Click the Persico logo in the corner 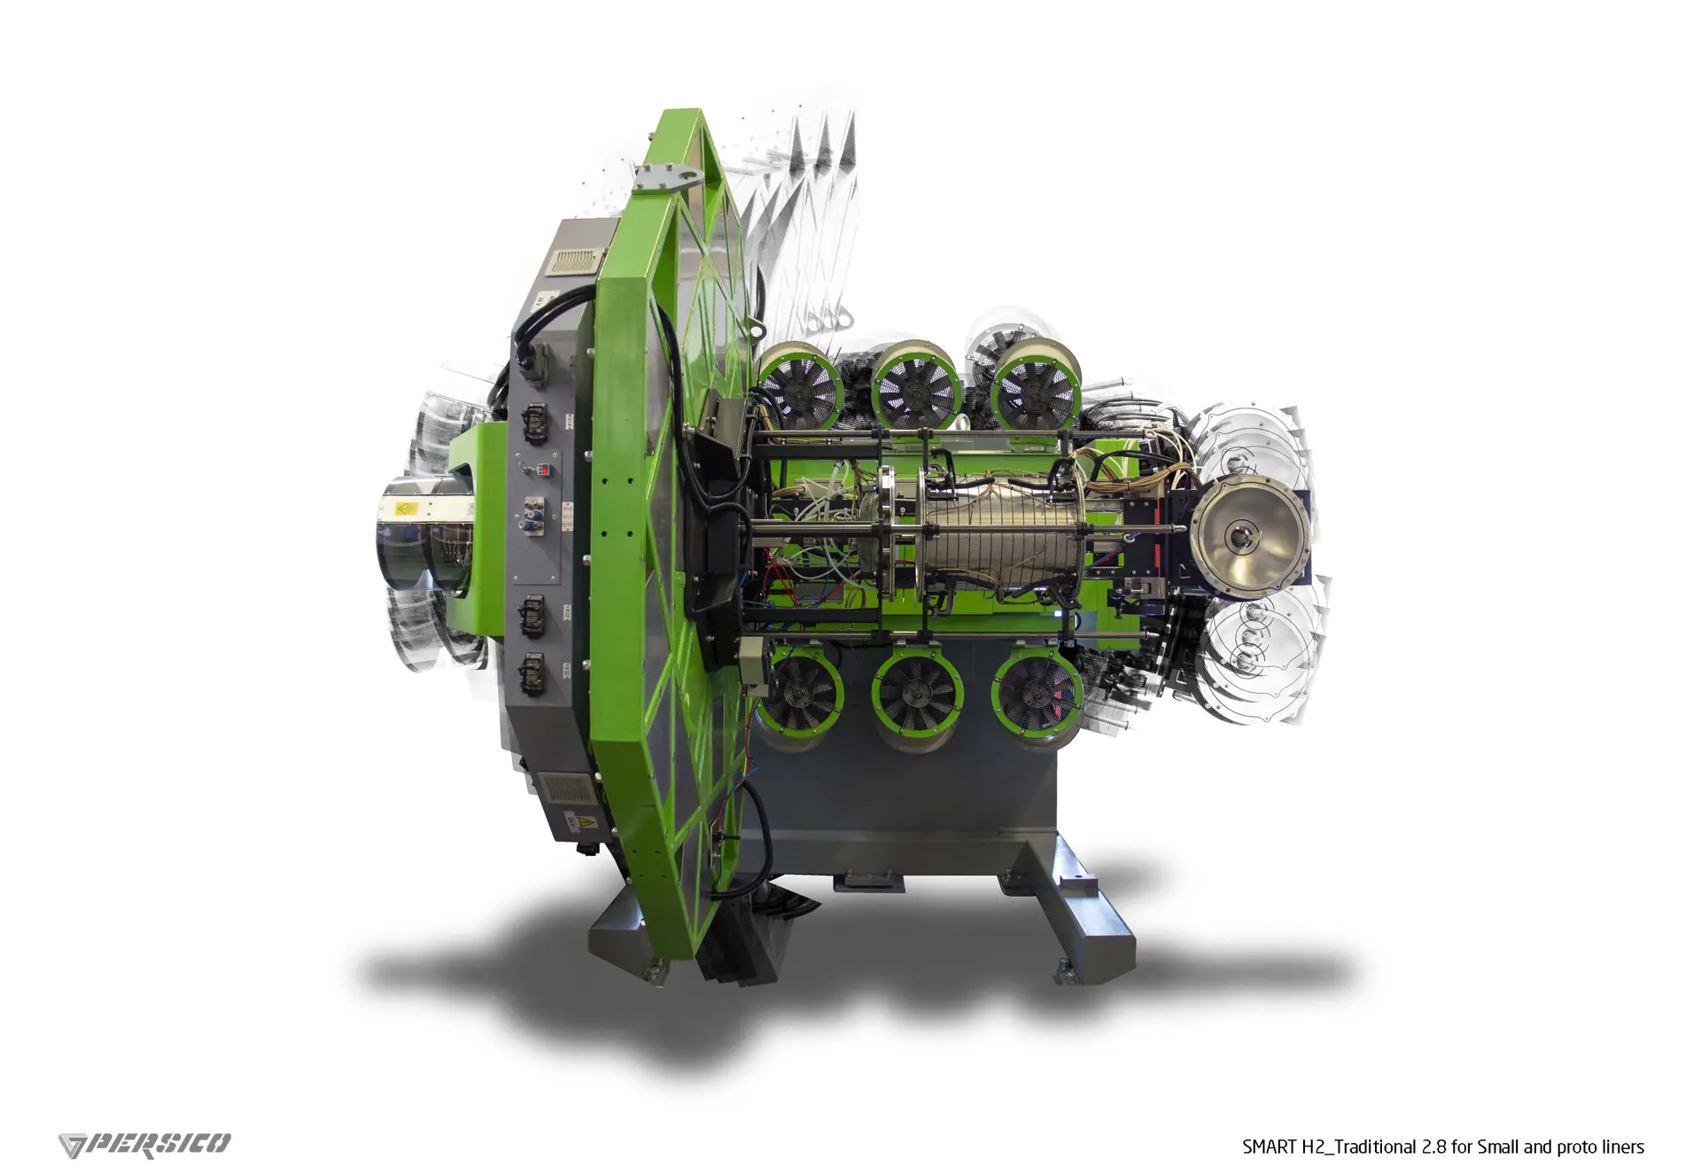(144, 1145)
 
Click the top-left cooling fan (799, 391)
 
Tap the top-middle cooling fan (916, 385)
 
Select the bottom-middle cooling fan (917, 700)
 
